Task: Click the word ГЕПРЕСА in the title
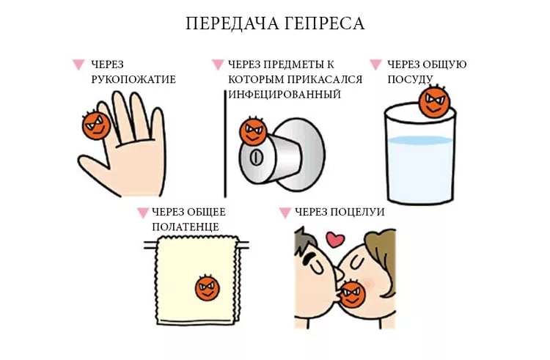click(x=323, y=23)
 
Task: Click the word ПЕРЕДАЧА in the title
click(x=232, y=24)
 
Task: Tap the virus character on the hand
click(x=96, y=125)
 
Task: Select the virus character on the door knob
click(x=252, y=131)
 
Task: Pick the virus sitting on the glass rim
click(x=434, y=101)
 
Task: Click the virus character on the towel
click(x=208, y=288)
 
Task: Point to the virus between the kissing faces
click(x=353, y=293)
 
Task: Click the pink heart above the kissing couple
click(x=335, y=240)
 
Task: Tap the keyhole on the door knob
click(x=256, y=158)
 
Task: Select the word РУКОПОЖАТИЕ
click(x=133, y=80)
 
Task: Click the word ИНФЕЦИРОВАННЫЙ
click(x=285, y=95)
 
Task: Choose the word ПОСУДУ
click(x=410, y=80)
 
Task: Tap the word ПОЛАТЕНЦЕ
click(x=186, y=227)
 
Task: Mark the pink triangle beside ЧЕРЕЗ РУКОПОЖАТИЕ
click(x=78, y=65)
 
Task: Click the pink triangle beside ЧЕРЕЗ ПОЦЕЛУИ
click(x=285, y=213)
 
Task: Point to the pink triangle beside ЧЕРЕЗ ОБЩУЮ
click(x=375, y=65)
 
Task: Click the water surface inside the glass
click(x=420, y=141)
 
